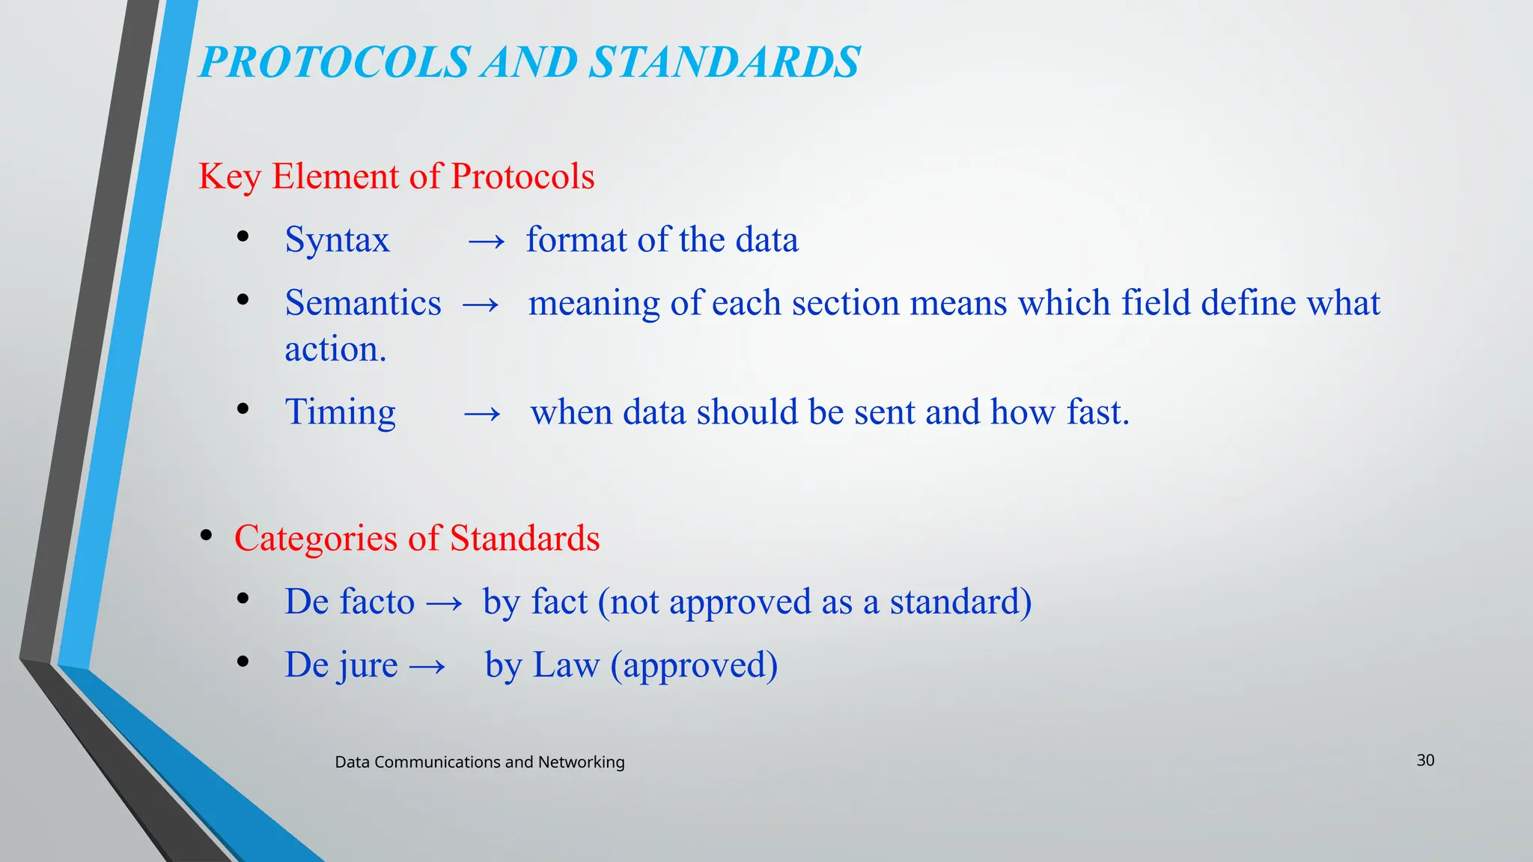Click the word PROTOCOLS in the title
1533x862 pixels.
point(335,62)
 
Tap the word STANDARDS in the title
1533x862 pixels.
point(724,62)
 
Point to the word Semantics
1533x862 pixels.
point(363,304)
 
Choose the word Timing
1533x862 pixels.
point(340,413)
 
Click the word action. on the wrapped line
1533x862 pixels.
point(335,349)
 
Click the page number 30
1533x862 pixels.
point(1425,760)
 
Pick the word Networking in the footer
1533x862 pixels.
point(581,762)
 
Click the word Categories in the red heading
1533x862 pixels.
point(315,539)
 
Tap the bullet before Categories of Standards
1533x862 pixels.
point(207,536)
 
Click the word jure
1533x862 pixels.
point(367,665)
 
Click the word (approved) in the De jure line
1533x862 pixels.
point(694,665)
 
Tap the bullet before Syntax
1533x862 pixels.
point(243,237)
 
